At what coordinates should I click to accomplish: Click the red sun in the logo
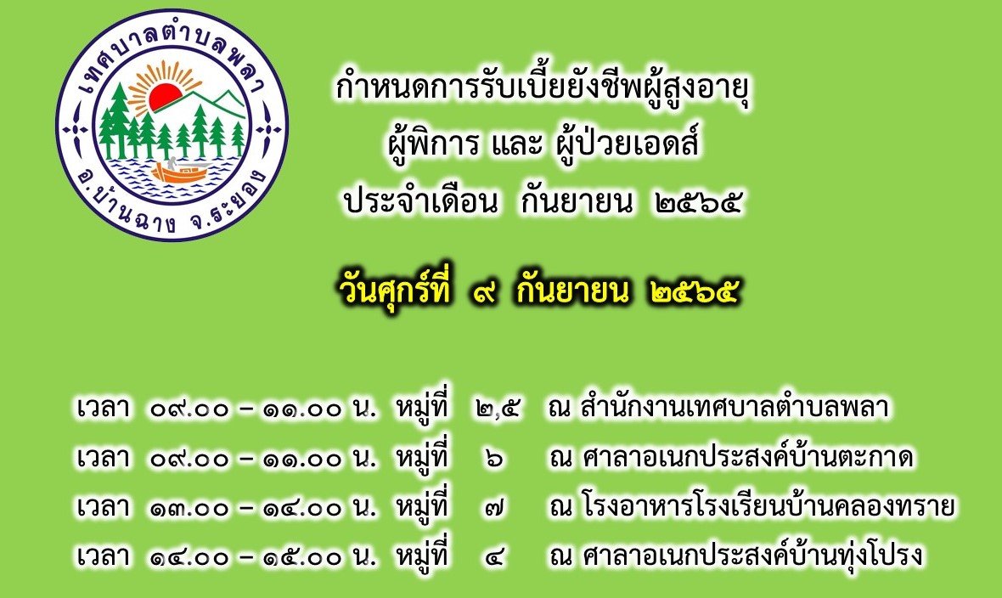166,95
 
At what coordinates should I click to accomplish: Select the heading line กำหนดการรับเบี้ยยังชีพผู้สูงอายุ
542,89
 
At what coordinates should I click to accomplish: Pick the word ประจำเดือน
419,201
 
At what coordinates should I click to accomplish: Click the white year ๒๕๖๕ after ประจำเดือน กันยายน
699,203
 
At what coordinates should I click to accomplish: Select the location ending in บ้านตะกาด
747,457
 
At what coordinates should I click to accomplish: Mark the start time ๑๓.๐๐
190,508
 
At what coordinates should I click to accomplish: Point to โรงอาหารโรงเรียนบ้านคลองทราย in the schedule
768,506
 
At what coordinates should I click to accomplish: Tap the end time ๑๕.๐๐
303,557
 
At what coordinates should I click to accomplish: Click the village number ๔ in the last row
494,557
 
